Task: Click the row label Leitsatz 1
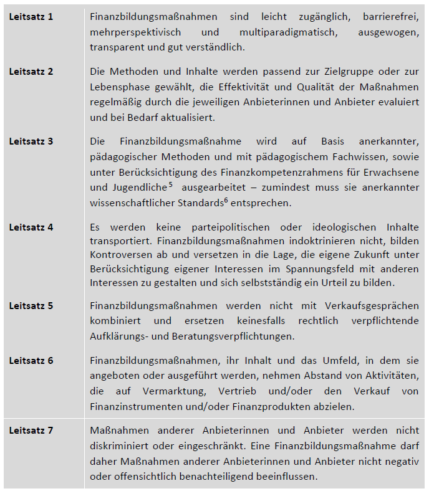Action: (31, 16)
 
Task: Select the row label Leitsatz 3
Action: (31, 141)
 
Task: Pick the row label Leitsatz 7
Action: (31, 431)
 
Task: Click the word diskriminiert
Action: (118, 446)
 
